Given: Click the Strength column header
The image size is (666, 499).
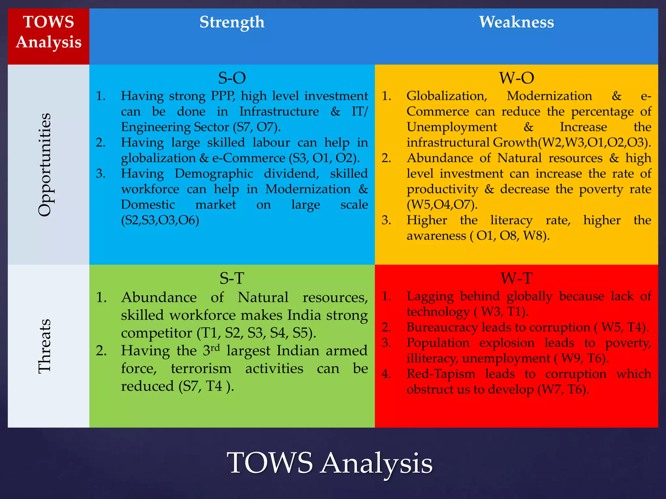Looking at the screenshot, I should [232, 22].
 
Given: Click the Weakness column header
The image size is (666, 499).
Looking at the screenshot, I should [516, 22].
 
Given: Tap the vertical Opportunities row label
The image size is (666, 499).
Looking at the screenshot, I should [45, 165].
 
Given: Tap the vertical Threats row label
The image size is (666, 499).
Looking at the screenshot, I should [45, 346].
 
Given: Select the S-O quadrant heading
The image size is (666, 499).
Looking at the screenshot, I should [232, 78].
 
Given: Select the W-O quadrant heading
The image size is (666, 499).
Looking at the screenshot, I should [516, 78].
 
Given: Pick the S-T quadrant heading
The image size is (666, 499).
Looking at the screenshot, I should [232, 278].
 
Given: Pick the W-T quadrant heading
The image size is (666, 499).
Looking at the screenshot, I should [516, 278].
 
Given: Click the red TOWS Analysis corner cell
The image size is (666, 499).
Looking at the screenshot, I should [48, 32].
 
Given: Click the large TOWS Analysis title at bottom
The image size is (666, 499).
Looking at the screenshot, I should [329, 463].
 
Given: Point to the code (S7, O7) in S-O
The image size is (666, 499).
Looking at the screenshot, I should [257, 127].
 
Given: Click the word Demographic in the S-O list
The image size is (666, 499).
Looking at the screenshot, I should [214, 173].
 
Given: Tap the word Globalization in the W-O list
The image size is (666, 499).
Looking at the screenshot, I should [447, 96].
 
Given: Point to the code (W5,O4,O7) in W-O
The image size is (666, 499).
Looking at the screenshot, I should [442, 205].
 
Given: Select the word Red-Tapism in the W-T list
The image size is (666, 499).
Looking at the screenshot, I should [441, 374].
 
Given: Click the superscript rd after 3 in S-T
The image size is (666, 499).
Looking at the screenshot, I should [215, 348].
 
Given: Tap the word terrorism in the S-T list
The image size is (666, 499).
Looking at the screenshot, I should [201, 369].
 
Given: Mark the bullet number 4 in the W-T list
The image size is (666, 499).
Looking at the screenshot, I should [386, 374].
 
